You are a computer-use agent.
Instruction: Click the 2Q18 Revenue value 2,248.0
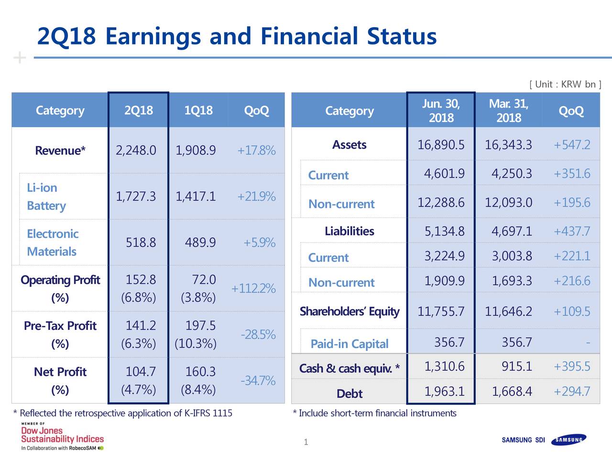[x=136, y=151]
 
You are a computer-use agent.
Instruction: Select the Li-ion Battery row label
[x=46, y=197]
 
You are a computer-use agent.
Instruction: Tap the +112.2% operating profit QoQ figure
[x=253, y=289]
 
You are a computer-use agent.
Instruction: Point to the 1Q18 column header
[x=198, y=110]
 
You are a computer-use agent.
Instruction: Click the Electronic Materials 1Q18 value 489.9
[x=200, y=243]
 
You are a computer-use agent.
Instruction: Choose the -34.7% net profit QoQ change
[x=258, y=381]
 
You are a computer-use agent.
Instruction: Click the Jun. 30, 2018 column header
[x=441, y=111]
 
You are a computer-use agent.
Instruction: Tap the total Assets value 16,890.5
[x=441, y=145]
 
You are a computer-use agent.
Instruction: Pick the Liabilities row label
[x=349, y=231]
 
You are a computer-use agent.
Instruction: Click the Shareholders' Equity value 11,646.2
[x=508, y=312]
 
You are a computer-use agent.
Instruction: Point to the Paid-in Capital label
[x=349, y=344]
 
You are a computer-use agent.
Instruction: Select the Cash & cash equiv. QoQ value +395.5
[x=572, y=367]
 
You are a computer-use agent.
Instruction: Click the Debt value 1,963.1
[x=444, y=392]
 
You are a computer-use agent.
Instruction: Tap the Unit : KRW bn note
[x=565, y=85]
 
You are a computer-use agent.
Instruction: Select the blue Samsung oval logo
[x=568, y=440]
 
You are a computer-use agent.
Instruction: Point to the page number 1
[x=306, y=442]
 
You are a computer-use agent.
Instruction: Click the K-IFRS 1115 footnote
[x=123, y=413]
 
